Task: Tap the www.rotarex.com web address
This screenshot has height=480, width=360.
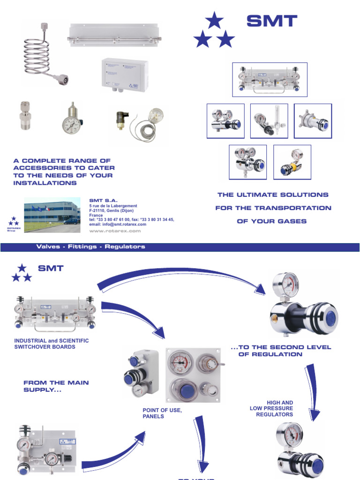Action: (x=115, y=231)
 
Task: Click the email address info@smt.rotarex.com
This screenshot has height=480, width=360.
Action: (x=118, y=224)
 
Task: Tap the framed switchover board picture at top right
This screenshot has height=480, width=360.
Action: (x=270, y=80)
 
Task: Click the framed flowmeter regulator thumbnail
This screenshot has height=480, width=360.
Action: (x=269, y=121)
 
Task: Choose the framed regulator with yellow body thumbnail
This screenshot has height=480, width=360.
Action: (x=292, y=162)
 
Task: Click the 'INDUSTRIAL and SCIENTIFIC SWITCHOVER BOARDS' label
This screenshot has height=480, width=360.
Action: (x=52, y=344)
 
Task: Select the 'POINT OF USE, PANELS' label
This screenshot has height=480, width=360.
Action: (x=162, y=413)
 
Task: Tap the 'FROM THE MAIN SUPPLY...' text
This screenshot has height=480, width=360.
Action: (x=56, y=386)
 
